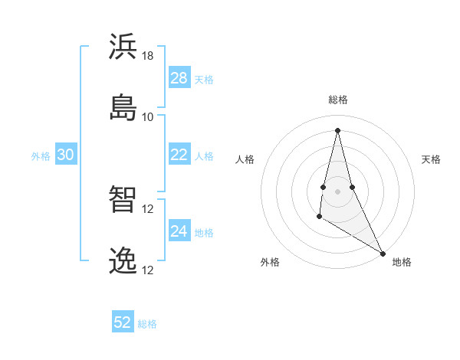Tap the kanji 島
tap(123, 106)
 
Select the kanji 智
tap(123, 199)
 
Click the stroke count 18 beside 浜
tap(148, 56)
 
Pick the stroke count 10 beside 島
tap(148, 117)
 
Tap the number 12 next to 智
tap(148, 209)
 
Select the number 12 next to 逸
tap(148, 270)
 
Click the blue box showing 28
tap(179, 78)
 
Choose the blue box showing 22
tap(179, 155)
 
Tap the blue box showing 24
tap(179, 231)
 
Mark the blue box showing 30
tap(66, 155)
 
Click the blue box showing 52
tap(123, 322)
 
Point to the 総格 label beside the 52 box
tap(147, 324)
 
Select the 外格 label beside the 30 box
tap(41, 156)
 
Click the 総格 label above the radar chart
tap(338, 100)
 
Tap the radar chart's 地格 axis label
tap(402, 262)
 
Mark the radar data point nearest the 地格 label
tap(383, 253)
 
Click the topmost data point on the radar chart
tap(337, 129)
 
